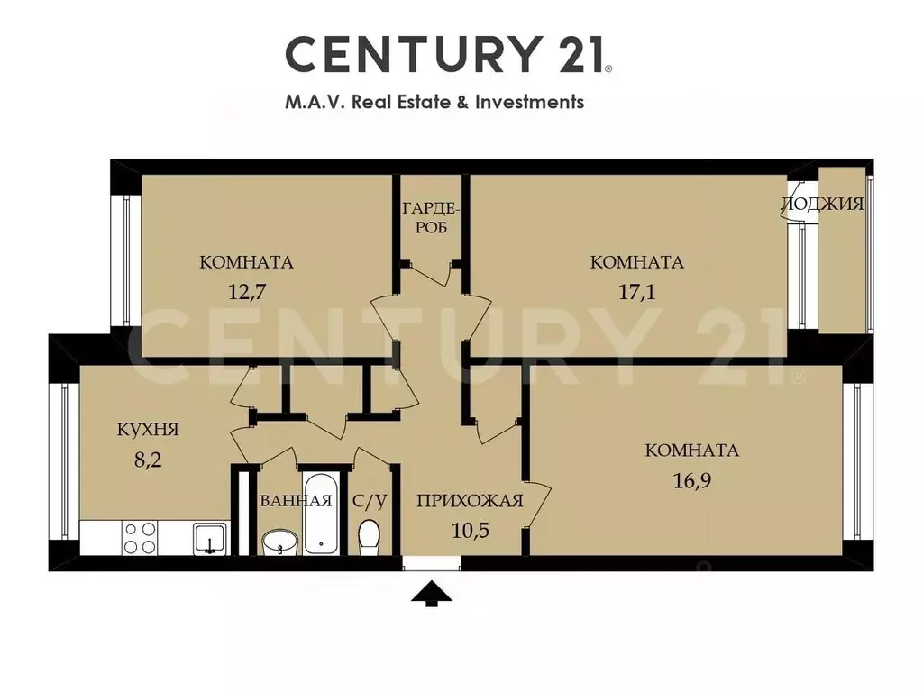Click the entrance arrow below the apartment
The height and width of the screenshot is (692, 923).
(432, 593)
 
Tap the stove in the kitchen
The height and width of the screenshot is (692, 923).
(140, 538)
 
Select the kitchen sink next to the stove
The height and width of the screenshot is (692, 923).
(209, 539)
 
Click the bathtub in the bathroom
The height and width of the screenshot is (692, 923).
(321, 513)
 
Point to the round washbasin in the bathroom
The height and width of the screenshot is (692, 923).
(280, 542)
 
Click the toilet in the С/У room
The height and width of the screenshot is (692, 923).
(369, 537)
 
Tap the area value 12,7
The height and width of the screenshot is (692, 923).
(247, 291)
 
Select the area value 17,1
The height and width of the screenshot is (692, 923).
(636, 291)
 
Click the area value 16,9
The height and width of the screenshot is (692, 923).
(691, 481)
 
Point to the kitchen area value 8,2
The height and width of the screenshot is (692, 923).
(148, 459)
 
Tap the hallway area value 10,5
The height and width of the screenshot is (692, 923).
(471, 531)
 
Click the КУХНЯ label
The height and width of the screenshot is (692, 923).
(148, 430)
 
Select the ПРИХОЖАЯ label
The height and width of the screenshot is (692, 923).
(470, 501)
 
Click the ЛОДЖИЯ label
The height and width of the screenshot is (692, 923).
(822, 205)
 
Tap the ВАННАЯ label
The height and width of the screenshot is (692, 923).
(296, 501)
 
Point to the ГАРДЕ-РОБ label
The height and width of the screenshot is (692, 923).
(431, 218)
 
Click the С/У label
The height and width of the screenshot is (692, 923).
(370, 501)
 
